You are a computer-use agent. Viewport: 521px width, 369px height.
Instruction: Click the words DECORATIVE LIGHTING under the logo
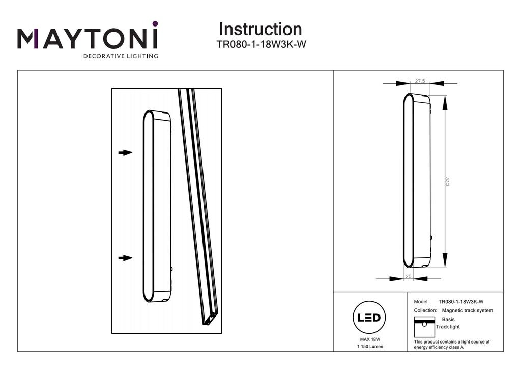[121, 56]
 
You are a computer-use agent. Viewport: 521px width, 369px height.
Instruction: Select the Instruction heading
[260, 29]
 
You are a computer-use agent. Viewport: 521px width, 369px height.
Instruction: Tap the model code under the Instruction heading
[261, 44]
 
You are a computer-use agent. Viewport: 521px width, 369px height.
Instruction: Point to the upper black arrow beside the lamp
[125, 152]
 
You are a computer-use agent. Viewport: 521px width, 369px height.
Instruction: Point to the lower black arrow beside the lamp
[125, 258]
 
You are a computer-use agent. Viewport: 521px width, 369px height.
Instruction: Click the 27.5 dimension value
[420, 81]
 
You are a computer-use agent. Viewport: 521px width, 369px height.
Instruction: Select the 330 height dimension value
[447, 181]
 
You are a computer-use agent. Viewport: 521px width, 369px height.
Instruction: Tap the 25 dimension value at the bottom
[408, 276]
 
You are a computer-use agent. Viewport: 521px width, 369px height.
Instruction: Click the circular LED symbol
[369, 318]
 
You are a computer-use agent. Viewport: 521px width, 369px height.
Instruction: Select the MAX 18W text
[370, 339]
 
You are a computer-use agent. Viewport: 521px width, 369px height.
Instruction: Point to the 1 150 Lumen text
[370, 347]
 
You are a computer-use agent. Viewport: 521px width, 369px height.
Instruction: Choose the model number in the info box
[460, 302]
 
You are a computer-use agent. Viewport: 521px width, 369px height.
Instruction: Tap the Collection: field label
[426, 310]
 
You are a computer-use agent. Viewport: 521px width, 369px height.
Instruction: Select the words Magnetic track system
[468, 310]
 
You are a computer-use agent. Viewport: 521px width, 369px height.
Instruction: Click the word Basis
[448, 319]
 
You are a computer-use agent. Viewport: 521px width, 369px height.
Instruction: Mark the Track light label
[448, 327]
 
